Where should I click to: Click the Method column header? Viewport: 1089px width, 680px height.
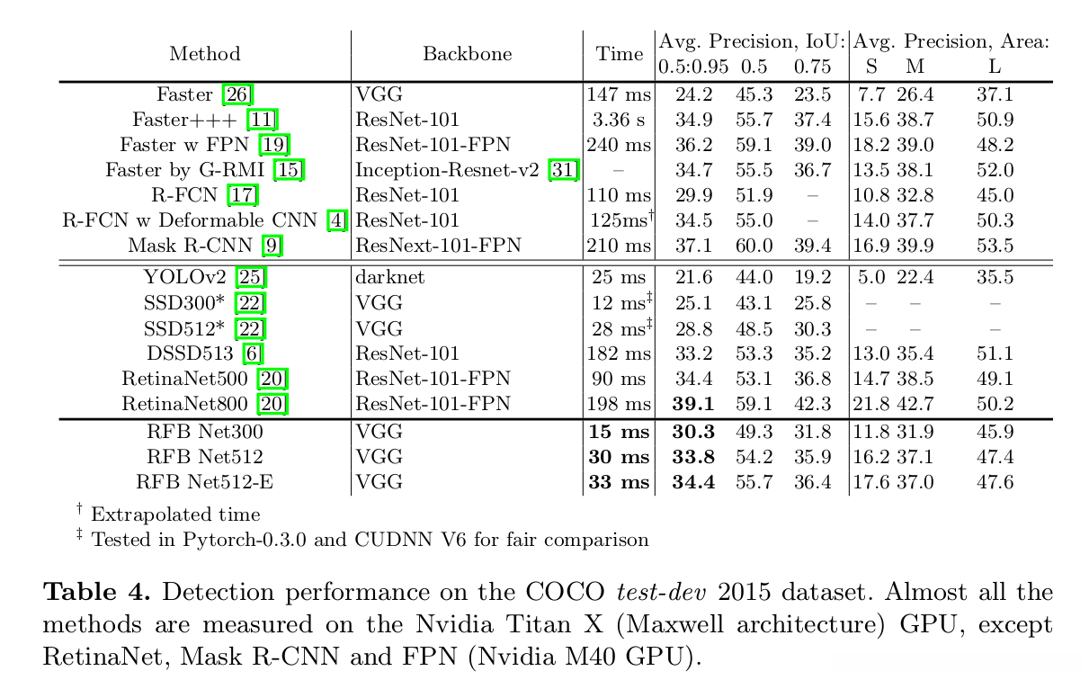(x=205, y=54)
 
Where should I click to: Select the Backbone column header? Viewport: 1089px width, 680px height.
(x=467, y=54)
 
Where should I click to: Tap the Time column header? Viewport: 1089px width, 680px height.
(x=620, y=54)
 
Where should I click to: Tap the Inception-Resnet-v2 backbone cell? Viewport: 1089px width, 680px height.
(x=451, y=170)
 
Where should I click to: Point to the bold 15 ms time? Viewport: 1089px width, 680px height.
(x=619, y=432)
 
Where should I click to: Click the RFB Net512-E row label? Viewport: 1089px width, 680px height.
(x=205, y=482)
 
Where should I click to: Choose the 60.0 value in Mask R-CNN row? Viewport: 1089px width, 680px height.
(x=754, y=246)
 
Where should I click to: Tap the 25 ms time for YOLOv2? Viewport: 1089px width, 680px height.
(x=619, y=278)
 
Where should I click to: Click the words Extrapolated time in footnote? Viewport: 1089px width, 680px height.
(x=175, y=514)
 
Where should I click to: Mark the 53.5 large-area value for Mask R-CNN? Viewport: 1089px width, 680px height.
(x=995, y=246)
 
